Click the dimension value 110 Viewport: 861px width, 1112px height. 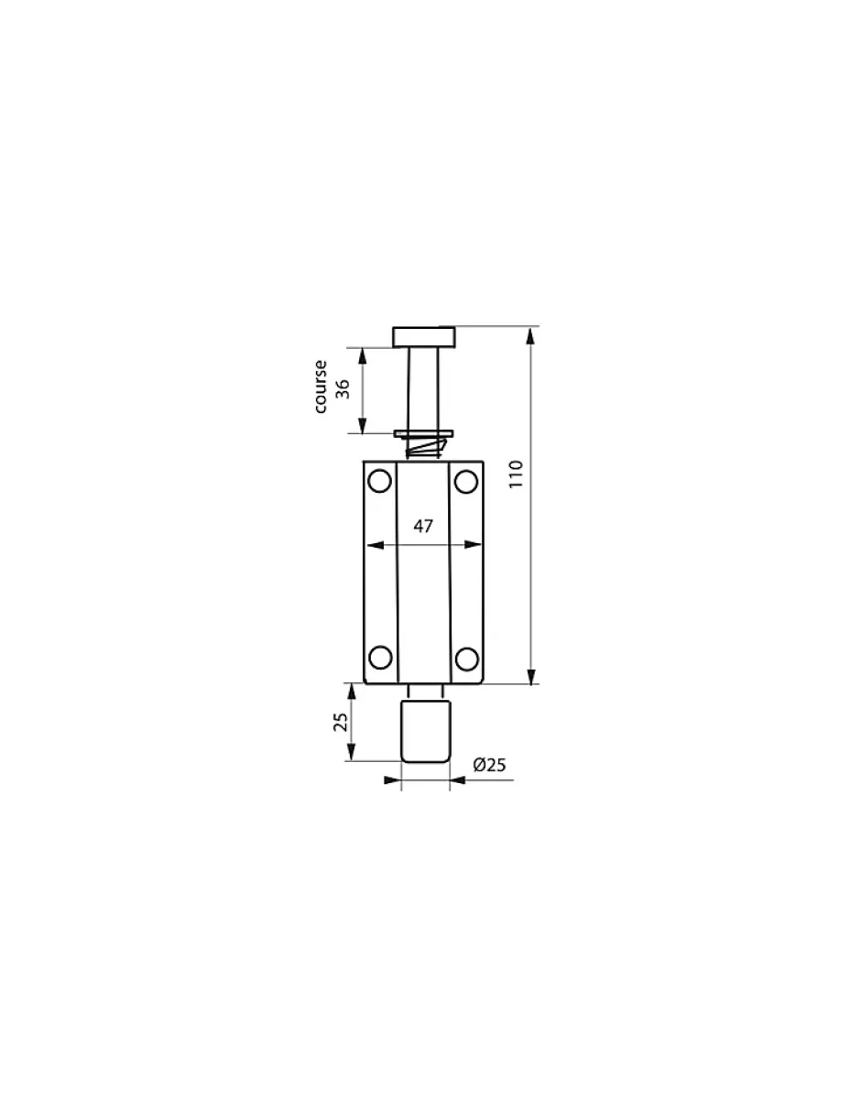tap(517, 474)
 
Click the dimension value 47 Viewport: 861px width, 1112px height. tap(423, 526)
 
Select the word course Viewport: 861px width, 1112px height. tap(321, 387)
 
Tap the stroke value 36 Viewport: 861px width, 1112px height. tap(343, 389)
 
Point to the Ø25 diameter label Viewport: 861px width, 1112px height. tap(489, 765)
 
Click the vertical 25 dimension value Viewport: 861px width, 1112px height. tap(341, 722)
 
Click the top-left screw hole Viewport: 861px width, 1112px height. tap(379, 481)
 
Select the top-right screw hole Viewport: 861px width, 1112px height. tap(466, 481)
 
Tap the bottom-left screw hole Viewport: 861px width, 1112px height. tap(380, 658)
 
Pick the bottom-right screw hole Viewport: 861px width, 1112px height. tap(466, 659)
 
